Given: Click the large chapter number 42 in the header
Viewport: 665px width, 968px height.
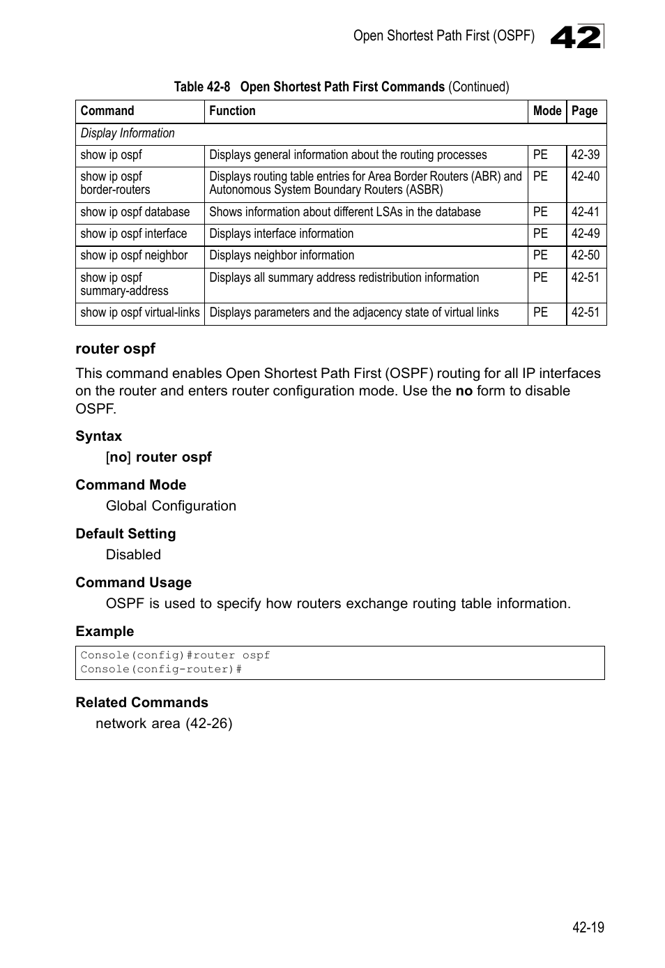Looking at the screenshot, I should point(576,37).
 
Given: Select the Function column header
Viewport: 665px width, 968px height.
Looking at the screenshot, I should point(232,111).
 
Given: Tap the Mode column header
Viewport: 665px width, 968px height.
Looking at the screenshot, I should point(546,111).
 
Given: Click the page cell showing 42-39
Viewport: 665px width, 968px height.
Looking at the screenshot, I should point(585,155).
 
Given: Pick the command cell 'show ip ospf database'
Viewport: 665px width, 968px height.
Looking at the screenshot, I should point(135,212).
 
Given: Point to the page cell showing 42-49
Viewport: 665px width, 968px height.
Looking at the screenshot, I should point(585,234).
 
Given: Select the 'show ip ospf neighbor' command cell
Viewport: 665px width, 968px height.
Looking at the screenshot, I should point(134,255).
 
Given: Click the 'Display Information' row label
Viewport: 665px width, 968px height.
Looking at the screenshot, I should point(128,133).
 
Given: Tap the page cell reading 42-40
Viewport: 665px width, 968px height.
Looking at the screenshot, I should point(585,176).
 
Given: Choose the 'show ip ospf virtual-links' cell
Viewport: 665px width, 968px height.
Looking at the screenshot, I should point(140,312).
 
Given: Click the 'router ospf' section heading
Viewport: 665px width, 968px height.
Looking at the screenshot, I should point(116,349).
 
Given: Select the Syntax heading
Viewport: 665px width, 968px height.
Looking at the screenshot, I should point(98,436).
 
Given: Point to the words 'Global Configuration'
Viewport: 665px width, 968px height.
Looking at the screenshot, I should point(171,506).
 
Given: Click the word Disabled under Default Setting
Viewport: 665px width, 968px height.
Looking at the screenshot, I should point(133,554).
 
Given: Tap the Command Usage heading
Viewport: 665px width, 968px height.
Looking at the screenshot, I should point(133,582).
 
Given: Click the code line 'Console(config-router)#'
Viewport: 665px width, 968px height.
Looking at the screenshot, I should point(161,670).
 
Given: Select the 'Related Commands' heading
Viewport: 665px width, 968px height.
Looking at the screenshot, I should point(142,702).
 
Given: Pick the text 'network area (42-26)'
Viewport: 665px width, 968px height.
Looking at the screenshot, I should point(164,723).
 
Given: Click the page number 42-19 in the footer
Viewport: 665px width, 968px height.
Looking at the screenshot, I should point(588,928).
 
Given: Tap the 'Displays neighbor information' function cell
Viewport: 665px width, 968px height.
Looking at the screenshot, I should point(282,255).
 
